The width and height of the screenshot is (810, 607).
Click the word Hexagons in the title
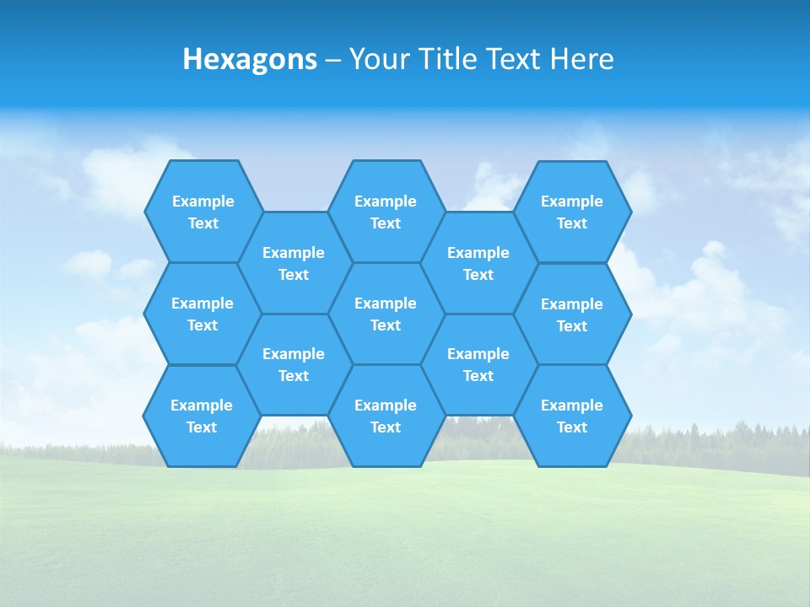250,59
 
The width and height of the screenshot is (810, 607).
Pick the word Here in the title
582,59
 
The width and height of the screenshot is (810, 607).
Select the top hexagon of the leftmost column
202,212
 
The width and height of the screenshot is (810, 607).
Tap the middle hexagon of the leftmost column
202,314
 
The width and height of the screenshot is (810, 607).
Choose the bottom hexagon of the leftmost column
202,416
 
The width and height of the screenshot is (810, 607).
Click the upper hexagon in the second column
294,263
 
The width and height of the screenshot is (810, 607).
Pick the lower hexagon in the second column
294,364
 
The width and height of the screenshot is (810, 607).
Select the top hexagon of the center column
386,212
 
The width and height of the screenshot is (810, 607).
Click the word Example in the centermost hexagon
386,303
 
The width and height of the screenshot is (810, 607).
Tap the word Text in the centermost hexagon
386,325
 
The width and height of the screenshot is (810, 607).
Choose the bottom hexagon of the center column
386,416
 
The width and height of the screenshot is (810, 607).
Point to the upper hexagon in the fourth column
478,263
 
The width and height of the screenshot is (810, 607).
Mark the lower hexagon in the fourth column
478,364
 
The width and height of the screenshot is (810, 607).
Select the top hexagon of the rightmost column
572,212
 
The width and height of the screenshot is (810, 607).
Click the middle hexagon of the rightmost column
572,314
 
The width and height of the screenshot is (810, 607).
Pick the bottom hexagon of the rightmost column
572,416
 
